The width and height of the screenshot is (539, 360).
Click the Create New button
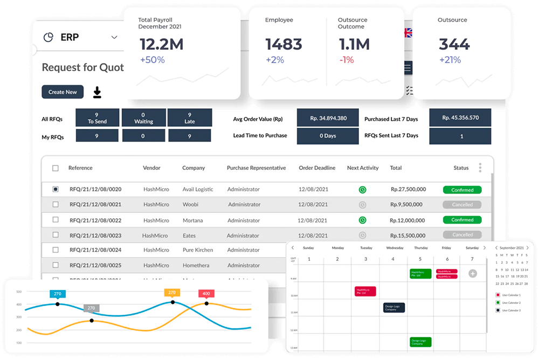(x=63, y=92)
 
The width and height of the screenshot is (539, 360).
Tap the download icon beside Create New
(x=97, y=92)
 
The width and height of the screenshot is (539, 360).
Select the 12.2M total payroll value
(x=162, y=44)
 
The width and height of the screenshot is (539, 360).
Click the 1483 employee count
(x=284, y=44)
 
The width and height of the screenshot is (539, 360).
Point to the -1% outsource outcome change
(x=347, y=60)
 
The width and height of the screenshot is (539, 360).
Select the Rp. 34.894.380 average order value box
(x=328, y=119)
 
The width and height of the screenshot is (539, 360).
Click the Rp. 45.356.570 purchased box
(x=460, y=118)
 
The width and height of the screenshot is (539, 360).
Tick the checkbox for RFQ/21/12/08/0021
(x=56, y=205)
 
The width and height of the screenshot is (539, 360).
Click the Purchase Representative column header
(x=256, y=168)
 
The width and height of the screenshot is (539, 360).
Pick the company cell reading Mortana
(x=192, y=220)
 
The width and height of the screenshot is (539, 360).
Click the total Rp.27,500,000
(x=408, y=190)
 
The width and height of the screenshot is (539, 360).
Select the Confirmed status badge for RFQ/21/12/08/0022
(x=462, y=220)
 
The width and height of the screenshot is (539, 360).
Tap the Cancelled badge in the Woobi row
(x=462, y=205)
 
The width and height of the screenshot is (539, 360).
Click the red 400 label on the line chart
(x=206, y=294)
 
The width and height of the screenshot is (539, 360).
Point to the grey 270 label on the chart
(x=91, y=308)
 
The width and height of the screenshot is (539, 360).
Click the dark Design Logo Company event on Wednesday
(x=394, y=308)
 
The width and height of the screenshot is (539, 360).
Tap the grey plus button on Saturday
(x=473, y=274)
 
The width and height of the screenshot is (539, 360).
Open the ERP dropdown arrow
(x=114, y=37)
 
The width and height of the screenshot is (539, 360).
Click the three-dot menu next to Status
(x=480, y=168)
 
